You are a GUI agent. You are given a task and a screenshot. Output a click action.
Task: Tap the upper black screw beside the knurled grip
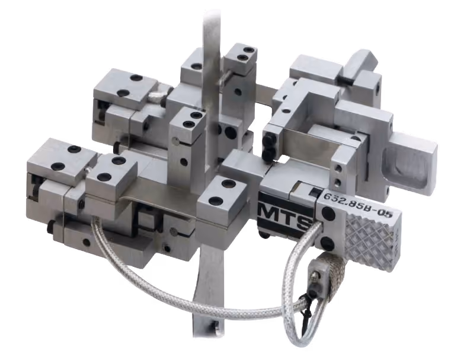click(x=328, y=213)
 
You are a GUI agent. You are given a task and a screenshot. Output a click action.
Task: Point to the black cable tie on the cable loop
click(x=306, y=301)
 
